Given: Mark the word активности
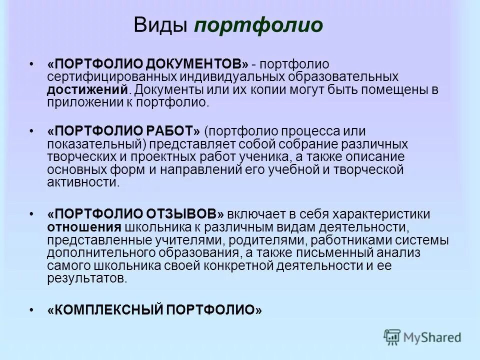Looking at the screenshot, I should coord(83,182).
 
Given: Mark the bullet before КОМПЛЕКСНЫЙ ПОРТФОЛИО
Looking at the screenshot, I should coord(31,310).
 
